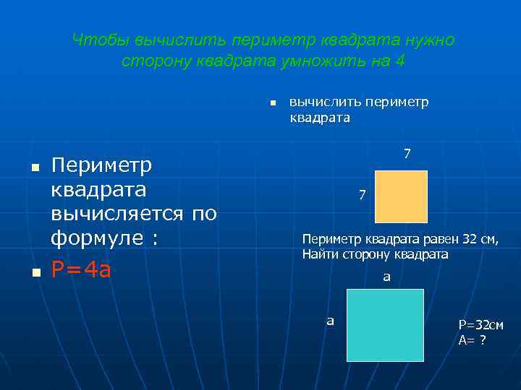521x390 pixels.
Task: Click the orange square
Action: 401,196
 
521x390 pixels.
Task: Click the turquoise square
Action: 385,325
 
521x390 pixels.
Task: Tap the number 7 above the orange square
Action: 407,154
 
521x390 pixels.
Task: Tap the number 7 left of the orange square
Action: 363,195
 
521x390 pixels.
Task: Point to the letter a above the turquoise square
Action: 386,276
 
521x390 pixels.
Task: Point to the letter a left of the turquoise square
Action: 330,320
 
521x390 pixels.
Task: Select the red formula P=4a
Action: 81,270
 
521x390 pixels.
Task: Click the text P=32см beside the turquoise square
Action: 480,326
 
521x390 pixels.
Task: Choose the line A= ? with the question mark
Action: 472,340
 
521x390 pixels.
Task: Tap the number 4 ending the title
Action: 401,61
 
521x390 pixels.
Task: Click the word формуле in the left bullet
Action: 97,238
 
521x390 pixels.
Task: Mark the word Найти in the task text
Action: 319,254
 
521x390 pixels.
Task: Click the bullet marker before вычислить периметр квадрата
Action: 272,103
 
